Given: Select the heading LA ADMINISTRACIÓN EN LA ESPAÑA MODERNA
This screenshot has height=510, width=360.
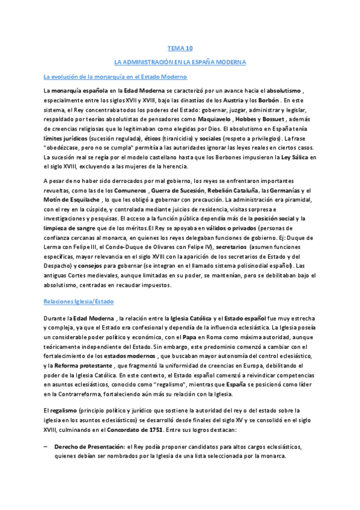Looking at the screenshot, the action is (180, 61).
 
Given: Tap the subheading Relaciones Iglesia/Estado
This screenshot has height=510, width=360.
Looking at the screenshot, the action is (78, 300).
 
